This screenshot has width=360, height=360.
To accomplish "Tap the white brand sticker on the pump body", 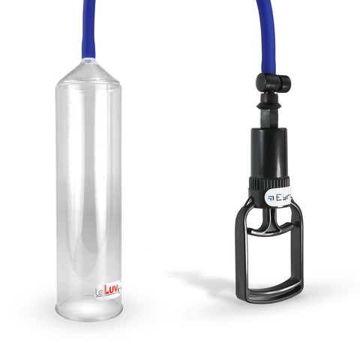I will point(280,197).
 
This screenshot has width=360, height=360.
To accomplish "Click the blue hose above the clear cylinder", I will point(88,30).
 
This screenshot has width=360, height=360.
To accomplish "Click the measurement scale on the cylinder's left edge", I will point(60,187).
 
